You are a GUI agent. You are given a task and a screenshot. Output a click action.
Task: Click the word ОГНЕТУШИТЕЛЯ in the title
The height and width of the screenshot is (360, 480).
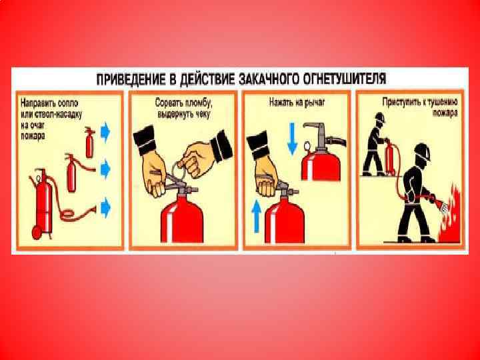344,79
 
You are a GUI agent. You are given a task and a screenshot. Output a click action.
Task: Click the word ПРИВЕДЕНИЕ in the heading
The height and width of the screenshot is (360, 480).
131,79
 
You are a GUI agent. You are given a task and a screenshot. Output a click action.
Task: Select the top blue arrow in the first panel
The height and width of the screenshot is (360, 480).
105,132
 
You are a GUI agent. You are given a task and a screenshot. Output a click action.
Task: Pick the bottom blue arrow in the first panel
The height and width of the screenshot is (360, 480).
105,207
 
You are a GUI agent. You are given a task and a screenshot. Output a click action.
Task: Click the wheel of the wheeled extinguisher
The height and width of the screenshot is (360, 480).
37,233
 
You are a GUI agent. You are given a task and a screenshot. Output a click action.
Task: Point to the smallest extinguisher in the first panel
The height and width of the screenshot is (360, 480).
89,143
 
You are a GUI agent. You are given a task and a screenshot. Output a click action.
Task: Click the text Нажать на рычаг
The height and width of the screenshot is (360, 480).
297,102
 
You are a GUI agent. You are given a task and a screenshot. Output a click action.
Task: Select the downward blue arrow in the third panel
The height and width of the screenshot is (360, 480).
292,139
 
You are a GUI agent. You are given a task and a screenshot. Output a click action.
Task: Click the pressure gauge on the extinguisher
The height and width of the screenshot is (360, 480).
307,147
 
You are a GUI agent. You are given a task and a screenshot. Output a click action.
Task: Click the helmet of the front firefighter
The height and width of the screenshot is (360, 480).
422,151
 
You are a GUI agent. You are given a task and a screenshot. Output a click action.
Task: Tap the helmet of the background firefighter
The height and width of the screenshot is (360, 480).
379,117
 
